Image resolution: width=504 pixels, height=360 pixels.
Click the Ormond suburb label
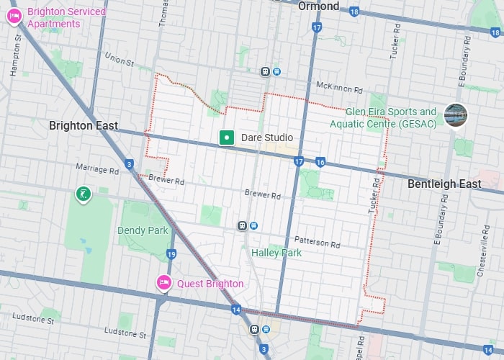[318, 6]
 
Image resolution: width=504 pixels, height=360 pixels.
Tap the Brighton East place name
[84, 125]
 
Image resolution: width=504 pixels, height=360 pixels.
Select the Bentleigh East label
[444, 184]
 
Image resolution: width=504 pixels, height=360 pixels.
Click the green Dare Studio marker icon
[227, 137]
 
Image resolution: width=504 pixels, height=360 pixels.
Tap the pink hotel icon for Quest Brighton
[163, 283]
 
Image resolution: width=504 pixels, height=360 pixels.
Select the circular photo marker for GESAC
[456, 114]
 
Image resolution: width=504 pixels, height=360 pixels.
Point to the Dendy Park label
[143, 230]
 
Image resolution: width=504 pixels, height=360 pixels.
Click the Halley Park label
[276, 253]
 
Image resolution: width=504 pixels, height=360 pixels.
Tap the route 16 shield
[320, 162]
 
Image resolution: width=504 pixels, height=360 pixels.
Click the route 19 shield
[171, 253]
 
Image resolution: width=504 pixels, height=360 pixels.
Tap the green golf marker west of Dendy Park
[84, 194]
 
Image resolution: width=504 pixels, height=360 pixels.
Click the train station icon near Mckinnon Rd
[266, 71]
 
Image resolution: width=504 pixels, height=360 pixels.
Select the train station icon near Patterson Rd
[243, 225]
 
